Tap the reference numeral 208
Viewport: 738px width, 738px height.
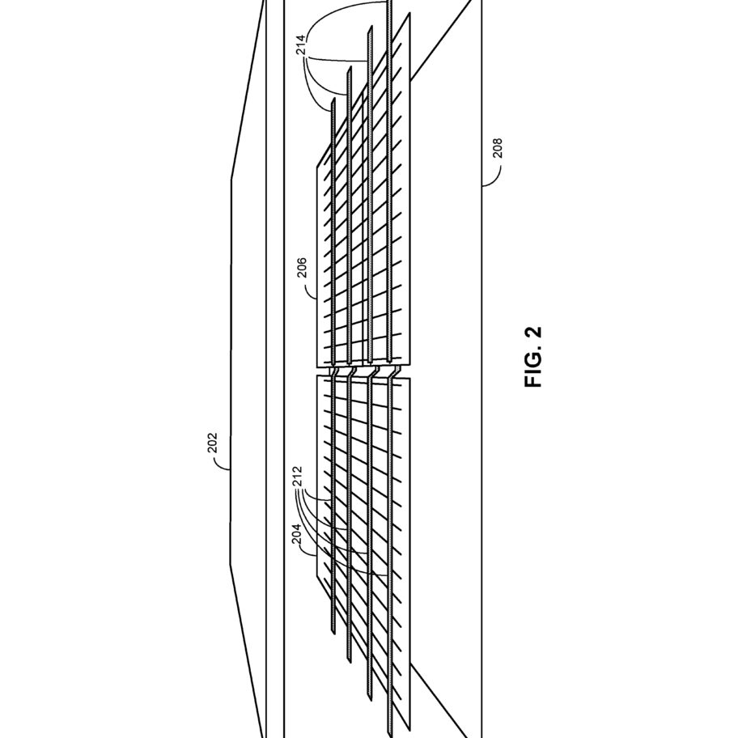497,148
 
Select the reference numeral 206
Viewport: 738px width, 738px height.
302,267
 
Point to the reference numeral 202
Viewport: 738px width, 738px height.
213,443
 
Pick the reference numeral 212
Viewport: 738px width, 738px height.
297,477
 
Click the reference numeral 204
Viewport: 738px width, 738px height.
296,534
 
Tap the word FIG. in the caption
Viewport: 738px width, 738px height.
533,369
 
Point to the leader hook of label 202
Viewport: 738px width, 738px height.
221,465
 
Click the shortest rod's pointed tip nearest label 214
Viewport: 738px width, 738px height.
333,100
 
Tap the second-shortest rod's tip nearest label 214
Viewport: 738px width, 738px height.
350,67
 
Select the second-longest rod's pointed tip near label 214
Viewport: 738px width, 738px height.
371,28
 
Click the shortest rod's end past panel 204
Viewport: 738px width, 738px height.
333,634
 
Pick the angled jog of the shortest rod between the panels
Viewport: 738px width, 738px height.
335,371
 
